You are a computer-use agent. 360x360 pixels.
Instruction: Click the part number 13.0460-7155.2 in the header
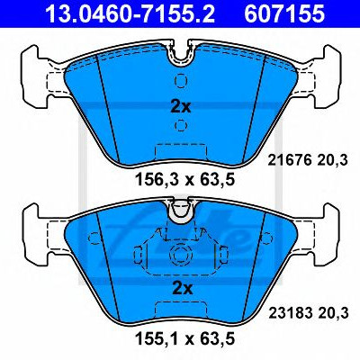pyautogui.click(x=130, y=13)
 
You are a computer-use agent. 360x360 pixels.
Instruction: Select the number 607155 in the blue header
pyautogui.click(x=284, y=13)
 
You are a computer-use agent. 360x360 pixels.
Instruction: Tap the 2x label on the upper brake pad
pyautogui.click(x=181, y=107)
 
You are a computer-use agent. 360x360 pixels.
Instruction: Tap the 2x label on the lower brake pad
pyautogui.click(x=182, y=289)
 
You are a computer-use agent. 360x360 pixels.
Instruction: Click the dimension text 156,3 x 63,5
pyautogui.click(x=184, y=180)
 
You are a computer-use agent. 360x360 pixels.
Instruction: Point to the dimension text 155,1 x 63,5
pyautogui.click(x=184, y=338)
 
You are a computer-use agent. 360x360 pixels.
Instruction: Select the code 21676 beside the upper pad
pyautogui.click(x=289, y=161)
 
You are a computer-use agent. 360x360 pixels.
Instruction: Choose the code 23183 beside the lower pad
pyautogui.click(x=289, y=313)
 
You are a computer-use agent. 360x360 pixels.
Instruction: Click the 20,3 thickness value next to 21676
pyautogui.click(x=333, y=161)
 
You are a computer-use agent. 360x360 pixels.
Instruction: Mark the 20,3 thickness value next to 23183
pyautogui.click(x=334, y=314)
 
